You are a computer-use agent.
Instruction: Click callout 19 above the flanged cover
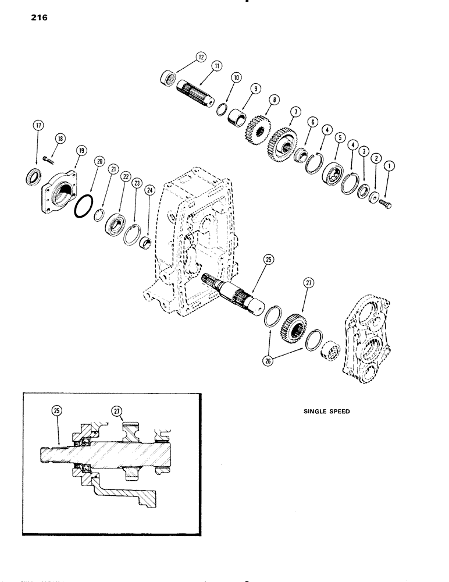pyautogui.click(x=80, y=151)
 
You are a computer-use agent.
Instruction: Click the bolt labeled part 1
pyautogui.click(x=386, y=205)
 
